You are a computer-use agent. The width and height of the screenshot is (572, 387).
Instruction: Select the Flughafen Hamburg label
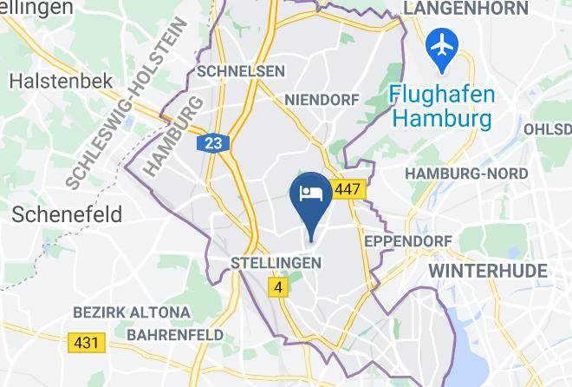tap(441, 104)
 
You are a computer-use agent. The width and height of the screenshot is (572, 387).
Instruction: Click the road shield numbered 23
tap(212, 143)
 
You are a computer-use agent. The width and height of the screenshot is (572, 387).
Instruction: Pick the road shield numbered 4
tap(278, 286)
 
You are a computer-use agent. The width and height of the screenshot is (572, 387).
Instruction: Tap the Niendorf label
tap(322, 100)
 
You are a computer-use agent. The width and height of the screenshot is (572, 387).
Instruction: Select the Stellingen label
tap(276, 262)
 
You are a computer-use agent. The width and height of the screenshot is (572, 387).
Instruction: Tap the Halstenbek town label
tap(62, 81)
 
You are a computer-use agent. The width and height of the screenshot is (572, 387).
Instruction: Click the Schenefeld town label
tap(66, 213)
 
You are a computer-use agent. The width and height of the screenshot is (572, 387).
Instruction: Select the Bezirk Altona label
tap(132, 312)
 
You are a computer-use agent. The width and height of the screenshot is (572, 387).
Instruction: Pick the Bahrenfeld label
tap(175, 334)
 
